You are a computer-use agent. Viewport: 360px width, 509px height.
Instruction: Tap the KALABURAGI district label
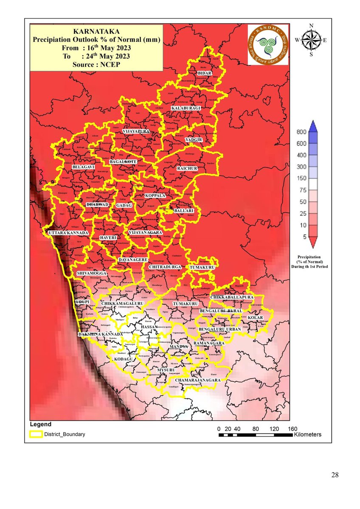tap(185, 109)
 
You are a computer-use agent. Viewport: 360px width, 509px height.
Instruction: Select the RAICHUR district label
tap(188, 168)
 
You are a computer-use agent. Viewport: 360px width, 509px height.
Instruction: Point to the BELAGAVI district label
tap(83, 168)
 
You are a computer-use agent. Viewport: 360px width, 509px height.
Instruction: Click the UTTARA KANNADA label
tap(68, 233)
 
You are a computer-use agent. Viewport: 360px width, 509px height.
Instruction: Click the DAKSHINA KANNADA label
tap(100, 335)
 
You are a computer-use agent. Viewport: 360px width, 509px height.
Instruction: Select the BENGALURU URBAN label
tap(219, 329)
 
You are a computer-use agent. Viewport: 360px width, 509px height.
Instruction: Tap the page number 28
tap(335, 475)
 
